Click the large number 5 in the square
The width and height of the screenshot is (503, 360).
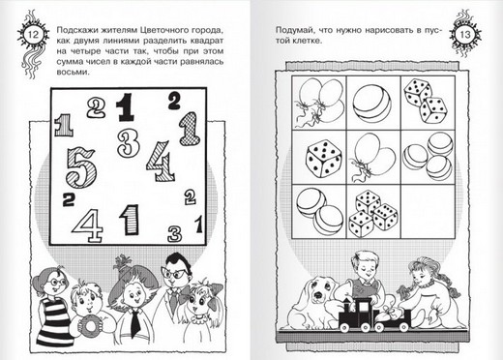click(81, 167)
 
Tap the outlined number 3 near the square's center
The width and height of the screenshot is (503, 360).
click(129, 143)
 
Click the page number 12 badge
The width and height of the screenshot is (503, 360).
click(33, 35)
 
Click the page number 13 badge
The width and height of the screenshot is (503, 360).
click(465, 35)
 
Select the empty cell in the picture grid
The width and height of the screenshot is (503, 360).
click(428, 211)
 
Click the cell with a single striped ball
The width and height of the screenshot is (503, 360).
click(373, 103)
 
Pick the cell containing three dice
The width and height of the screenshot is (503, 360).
click(373, 211)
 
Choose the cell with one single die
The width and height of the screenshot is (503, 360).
click(319, 157)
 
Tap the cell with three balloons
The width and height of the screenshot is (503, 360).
click(319, 103)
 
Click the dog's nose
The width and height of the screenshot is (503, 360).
click(318, 295)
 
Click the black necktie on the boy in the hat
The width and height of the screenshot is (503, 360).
click(135, 323)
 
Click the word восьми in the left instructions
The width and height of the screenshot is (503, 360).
click(72, 73)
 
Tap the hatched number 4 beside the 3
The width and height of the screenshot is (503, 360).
click(161, 162)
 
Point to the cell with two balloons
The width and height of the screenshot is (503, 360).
click(373, 157)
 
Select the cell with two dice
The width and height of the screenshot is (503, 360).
click(428, 103)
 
